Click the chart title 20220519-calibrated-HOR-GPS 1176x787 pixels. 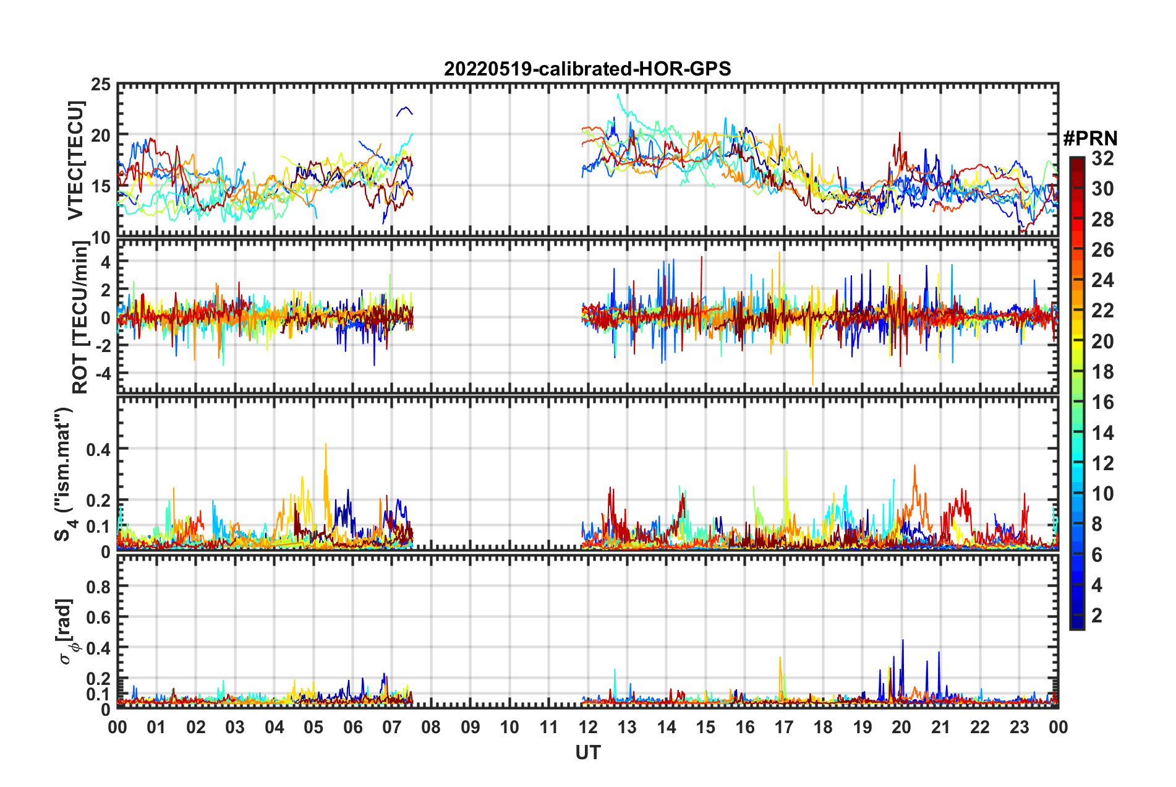pos(587,69)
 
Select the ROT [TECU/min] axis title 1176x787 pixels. pos(80,317)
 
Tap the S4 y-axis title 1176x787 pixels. pos(64,474)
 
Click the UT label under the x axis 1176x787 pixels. pos(587,752)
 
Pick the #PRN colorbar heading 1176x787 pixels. pos(1090,139)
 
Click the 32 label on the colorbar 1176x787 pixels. pos(1102,159)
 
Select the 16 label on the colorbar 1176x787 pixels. pos(1102,403)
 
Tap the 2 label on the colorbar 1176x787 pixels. pos(1097,616)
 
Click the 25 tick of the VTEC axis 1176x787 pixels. pos(101,84)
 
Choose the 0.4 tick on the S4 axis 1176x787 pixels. pos(98,449)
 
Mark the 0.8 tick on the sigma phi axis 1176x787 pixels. pos(98,586)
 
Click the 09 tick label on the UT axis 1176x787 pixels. pos(470,727)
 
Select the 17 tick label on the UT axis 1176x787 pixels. pos(783,727)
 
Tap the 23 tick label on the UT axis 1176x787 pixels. pos(1019,727)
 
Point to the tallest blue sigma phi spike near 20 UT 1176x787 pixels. pos(903,641)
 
